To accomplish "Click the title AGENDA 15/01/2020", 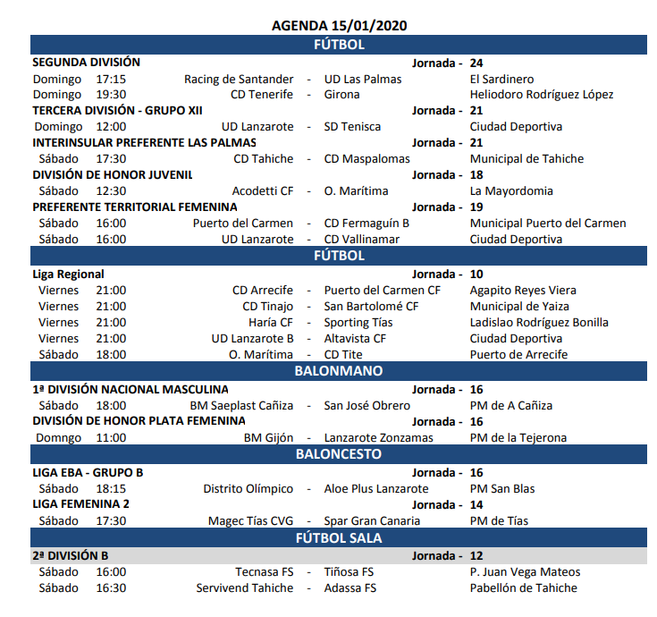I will (x=339, y=25).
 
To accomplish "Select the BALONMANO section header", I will (x=339, y=371).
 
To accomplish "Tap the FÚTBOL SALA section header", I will (x=339, y=538).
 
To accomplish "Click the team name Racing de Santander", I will (x=239, y=79).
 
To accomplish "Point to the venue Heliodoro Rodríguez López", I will (x=542, y=95).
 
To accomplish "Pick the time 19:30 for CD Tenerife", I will (x=111, y=95).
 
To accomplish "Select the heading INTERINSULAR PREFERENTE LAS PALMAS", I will (x=145, y=143).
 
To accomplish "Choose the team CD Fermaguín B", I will (x=366, y=224).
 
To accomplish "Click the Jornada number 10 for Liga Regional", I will (x=476, y=275).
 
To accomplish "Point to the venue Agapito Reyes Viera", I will (x=523, y=291).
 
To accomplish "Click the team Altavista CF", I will (x=355, y=339).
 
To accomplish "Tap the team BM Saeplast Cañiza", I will (x=241, y=406).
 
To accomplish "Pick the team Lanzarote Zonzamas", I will (x=379, y=438).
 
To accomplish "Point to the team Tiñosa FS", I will (x=349, y=572).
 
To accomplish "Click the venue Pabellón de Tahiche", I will (x=524, y=588).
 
